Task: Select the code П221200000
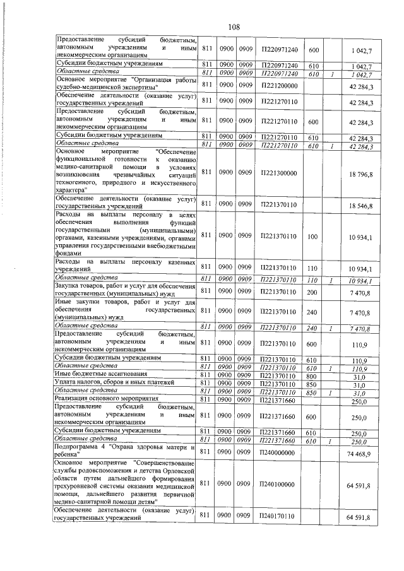pos(278,85)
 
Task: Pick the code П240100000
pos(278,483)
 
